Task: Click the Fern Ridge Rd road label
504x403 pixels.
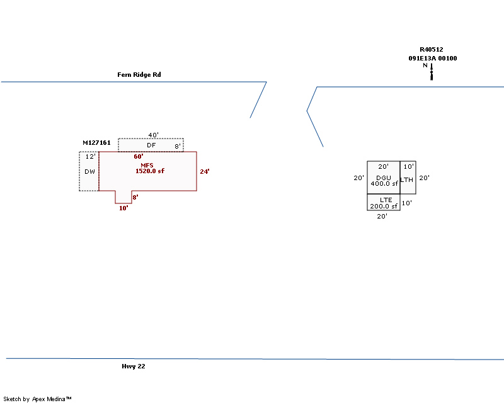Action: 139,74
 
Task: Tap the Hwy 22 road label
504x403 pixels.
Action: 134,366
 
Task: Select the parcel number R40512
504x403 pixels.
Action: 432,50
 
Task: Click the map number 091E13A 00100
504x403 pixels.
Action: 433,58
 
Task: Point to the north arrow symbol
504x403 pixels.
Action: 432,71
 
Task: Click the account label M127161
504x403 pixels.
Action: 96,143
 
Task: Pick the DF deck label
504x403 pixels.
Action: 151,145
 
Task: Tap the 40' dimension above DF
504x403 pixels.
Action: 153,135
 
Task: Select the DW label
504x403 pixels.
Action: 89,172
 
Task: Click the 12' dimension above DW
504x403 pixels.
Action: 90,157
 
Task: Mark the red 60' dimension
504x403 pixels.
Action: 139,157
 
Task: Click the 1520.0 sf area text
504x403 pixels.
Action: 150,171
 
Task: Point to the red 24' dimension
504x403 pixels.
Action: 205,172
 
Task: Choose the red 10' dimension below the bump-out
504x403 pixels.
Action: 123,208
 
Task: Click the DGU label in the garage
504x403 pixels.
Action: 384,178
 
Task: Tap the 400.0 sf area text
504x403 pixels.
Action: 384,183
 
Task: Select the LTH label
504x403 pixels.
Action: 406,179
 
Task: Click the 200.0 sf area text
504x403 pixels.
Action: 384,207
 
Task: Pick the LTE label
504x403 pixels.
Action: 386,200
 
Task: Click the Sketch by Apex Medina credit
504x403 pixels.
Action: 37,399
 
